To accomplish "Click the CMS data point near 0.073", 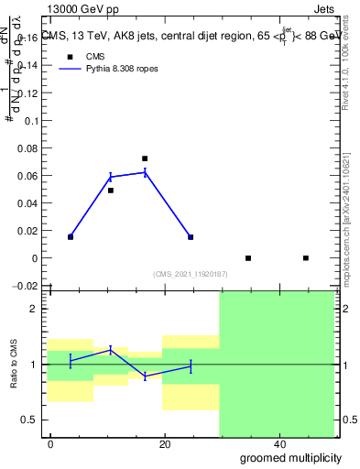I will (145, 158).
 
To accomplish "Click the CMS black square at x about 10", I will (111, 191).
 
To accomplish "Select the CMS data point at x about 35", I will (248, 258).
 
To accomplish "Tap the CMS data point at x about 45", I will (306, 258).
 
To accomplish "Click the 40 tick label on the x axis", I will (278, 444).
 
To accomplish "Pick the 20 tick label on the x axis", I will (165, 444).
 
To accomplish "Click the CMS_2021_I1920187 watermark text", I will (190, 274).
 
